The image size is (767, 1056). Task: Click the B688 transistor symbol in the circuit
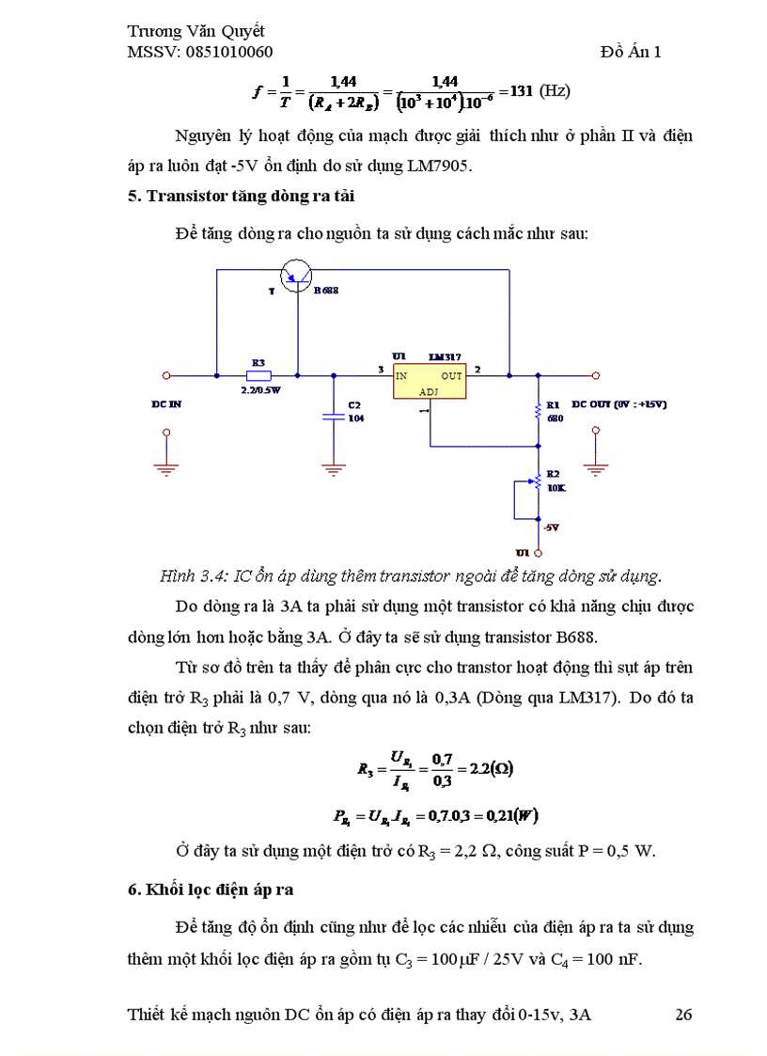(x=298, y=272)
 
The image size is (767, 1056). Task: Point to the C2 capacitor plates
(x=331, y=415)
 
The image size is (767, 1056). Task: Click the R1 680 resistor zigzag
(x=538, y=409)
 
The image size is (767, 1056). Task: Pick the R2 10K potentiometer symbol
(x=537, y=483)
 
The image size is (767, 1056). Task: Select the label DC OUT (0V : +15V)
(x=618, y=403)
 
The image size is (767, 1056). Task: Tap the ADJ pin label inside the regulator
(x=429, y=391)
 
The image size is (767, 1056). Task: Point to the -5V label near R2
(x=552, y=528)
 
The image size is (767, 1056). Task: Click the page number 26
(x=684, y=1015)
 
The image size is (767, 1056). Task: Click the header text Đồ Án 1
(x=631, y=52)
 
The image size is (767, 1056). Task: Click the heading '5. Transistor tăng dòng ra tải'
(x=241, y=196)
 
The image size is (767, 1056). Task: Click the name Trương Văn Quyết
(x=196, y=31)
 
